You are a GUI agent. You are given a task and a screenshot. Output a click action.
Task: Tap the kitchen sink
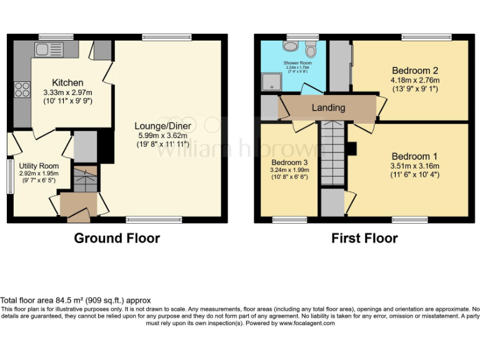pos(49,49)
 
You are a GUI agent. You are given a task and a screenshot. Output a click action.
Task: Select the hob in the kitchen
pos(22,90)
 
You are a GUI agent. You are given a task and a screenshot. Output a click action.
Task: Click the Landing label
pos(328,107)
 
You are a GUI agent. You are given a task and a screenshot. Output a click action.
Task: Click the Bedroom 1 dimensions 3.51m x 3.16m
pos(415,166)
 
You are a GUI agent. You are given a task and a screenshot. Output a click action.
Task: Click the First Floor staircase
pos(332,153)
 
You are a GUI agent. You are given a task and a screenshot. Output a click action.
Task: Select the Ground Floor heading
pos(117,238)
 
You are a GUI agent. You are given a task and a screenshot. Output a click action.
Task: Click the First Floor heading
pos(364,238)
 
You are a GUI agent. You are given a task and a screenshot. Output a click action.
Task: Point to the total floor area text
pos(76,301)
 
